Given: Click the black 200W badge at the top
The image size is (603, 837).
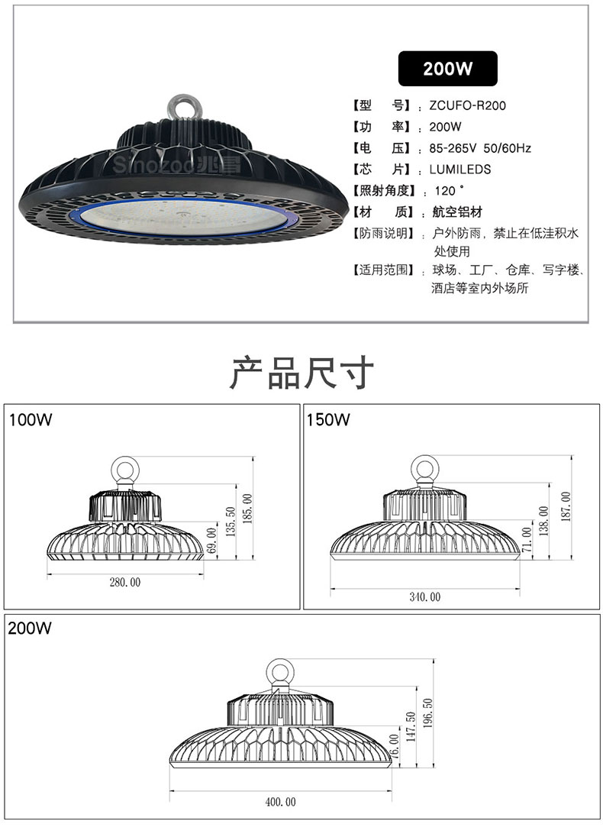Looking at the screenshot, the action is [448, 68].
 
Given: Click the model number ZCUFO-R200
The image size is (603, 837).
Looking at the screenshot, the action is [466, 105].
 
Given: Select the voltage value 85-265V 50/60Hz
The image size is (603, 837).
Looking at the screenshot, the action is [480, 148].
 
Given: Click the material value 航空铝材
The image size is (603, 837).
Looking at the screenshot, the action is [456, 212].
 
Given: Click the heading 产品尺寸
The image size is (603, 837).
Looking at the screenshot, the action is [301, 373].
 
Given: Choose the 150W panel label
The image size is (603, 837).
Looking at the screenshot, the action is [328, 419].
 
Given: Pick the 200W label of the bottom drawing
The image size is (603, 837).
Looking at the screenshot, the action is [30, 629].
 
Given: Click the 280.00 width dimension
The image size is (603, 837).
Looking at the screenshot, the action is [125, 583].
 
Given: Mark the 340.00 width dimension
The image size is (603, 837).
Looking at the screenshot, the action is [425, 596].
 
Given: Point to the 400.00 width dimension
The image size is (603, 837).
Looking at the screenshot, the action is [280, 802].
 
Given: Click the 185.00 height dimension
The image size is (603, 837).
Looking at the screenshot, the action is [247, 508].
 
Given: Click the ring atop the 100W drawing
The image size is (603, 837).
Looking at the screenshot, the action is [124, 467].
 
